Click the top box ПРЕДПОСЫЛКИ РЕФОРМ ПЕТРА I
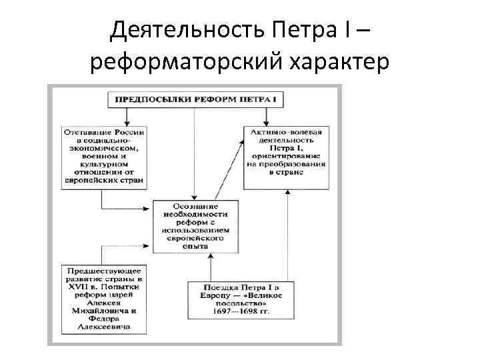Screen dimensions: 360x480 click(x=194, y=99)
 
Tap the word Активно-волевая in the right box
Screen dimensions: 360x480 click(x=287, y=133)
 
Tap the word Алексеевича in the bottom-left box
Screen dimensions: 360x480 click(x=104, y=327)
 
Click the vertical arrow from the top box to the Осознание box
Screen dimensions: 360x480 click(x=194, y=153)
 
